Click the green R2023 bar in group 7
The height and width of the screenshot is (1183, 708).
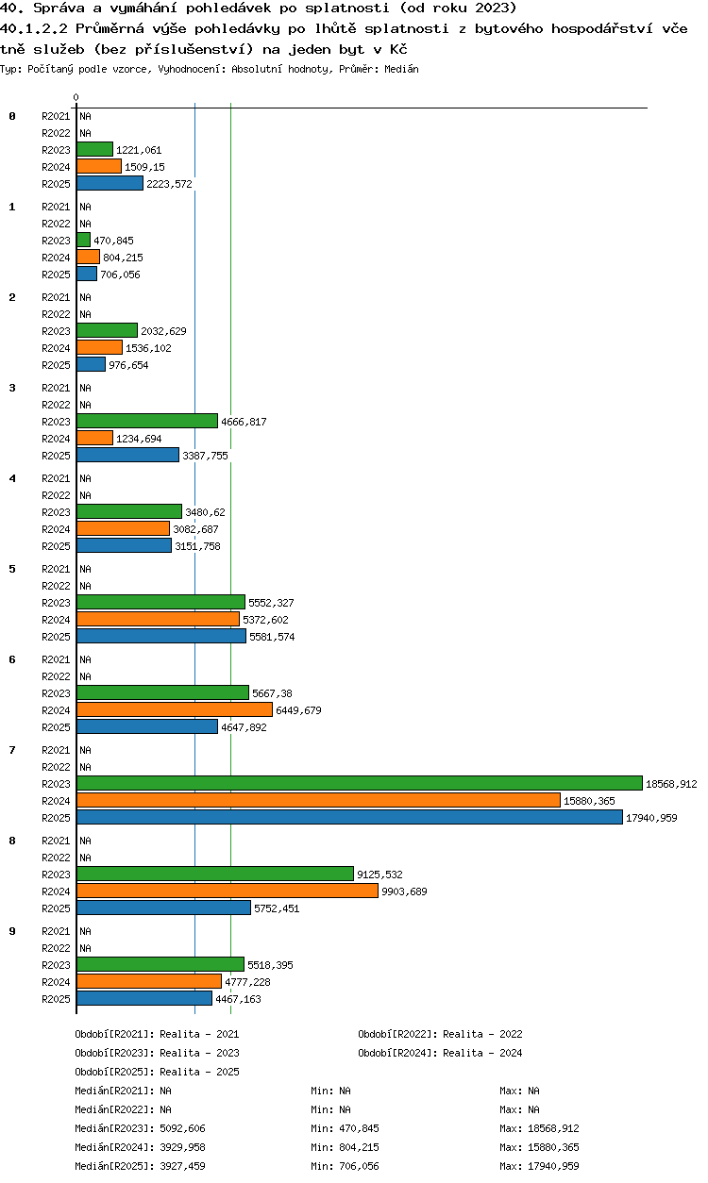[360, 783]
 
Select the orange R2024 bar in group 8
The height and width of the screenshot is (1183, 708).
[228, 891]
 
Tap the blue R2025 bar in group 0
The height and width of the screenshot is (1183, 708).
[110, 183]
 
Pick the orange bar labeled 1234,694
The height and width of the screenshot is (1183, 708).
[95, 438]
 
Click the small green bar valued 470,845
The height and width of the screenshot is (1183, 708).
[83, 240]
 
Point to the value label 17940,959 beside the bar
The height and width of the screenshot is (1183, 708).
[651, 818]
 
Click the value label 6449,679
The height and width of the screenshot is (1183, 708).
[298, 710]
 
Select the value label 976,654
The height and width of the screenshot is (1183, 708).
[128, 365]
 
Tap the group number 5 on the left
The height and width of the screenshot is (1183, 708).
[12, 569]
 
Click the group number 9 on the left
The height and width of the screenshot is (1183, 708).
[12, 931]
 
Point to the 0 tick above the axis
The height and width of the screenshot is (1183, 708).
[76, 97]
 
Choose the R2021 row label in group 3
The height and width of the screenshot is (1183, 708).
[56, 388]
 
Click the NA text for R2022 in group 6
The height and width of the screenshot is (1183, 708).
[85, 676]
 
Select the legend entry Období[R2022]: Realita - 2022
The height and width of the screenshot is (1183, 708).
[440, 1034]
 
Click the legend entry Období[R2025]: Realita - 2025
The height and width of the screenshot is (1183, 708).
[157, 1072]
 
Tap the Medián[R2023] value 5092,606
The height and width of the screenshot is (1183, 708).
[182, 1128]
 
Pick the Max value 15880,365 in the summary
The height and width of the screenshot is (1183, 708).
[553, 1147]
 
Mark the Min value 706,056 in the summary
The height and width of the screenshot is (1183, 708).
[360, 1166]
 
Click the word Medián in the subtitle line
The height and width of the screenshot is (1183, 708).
[401, 69]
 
